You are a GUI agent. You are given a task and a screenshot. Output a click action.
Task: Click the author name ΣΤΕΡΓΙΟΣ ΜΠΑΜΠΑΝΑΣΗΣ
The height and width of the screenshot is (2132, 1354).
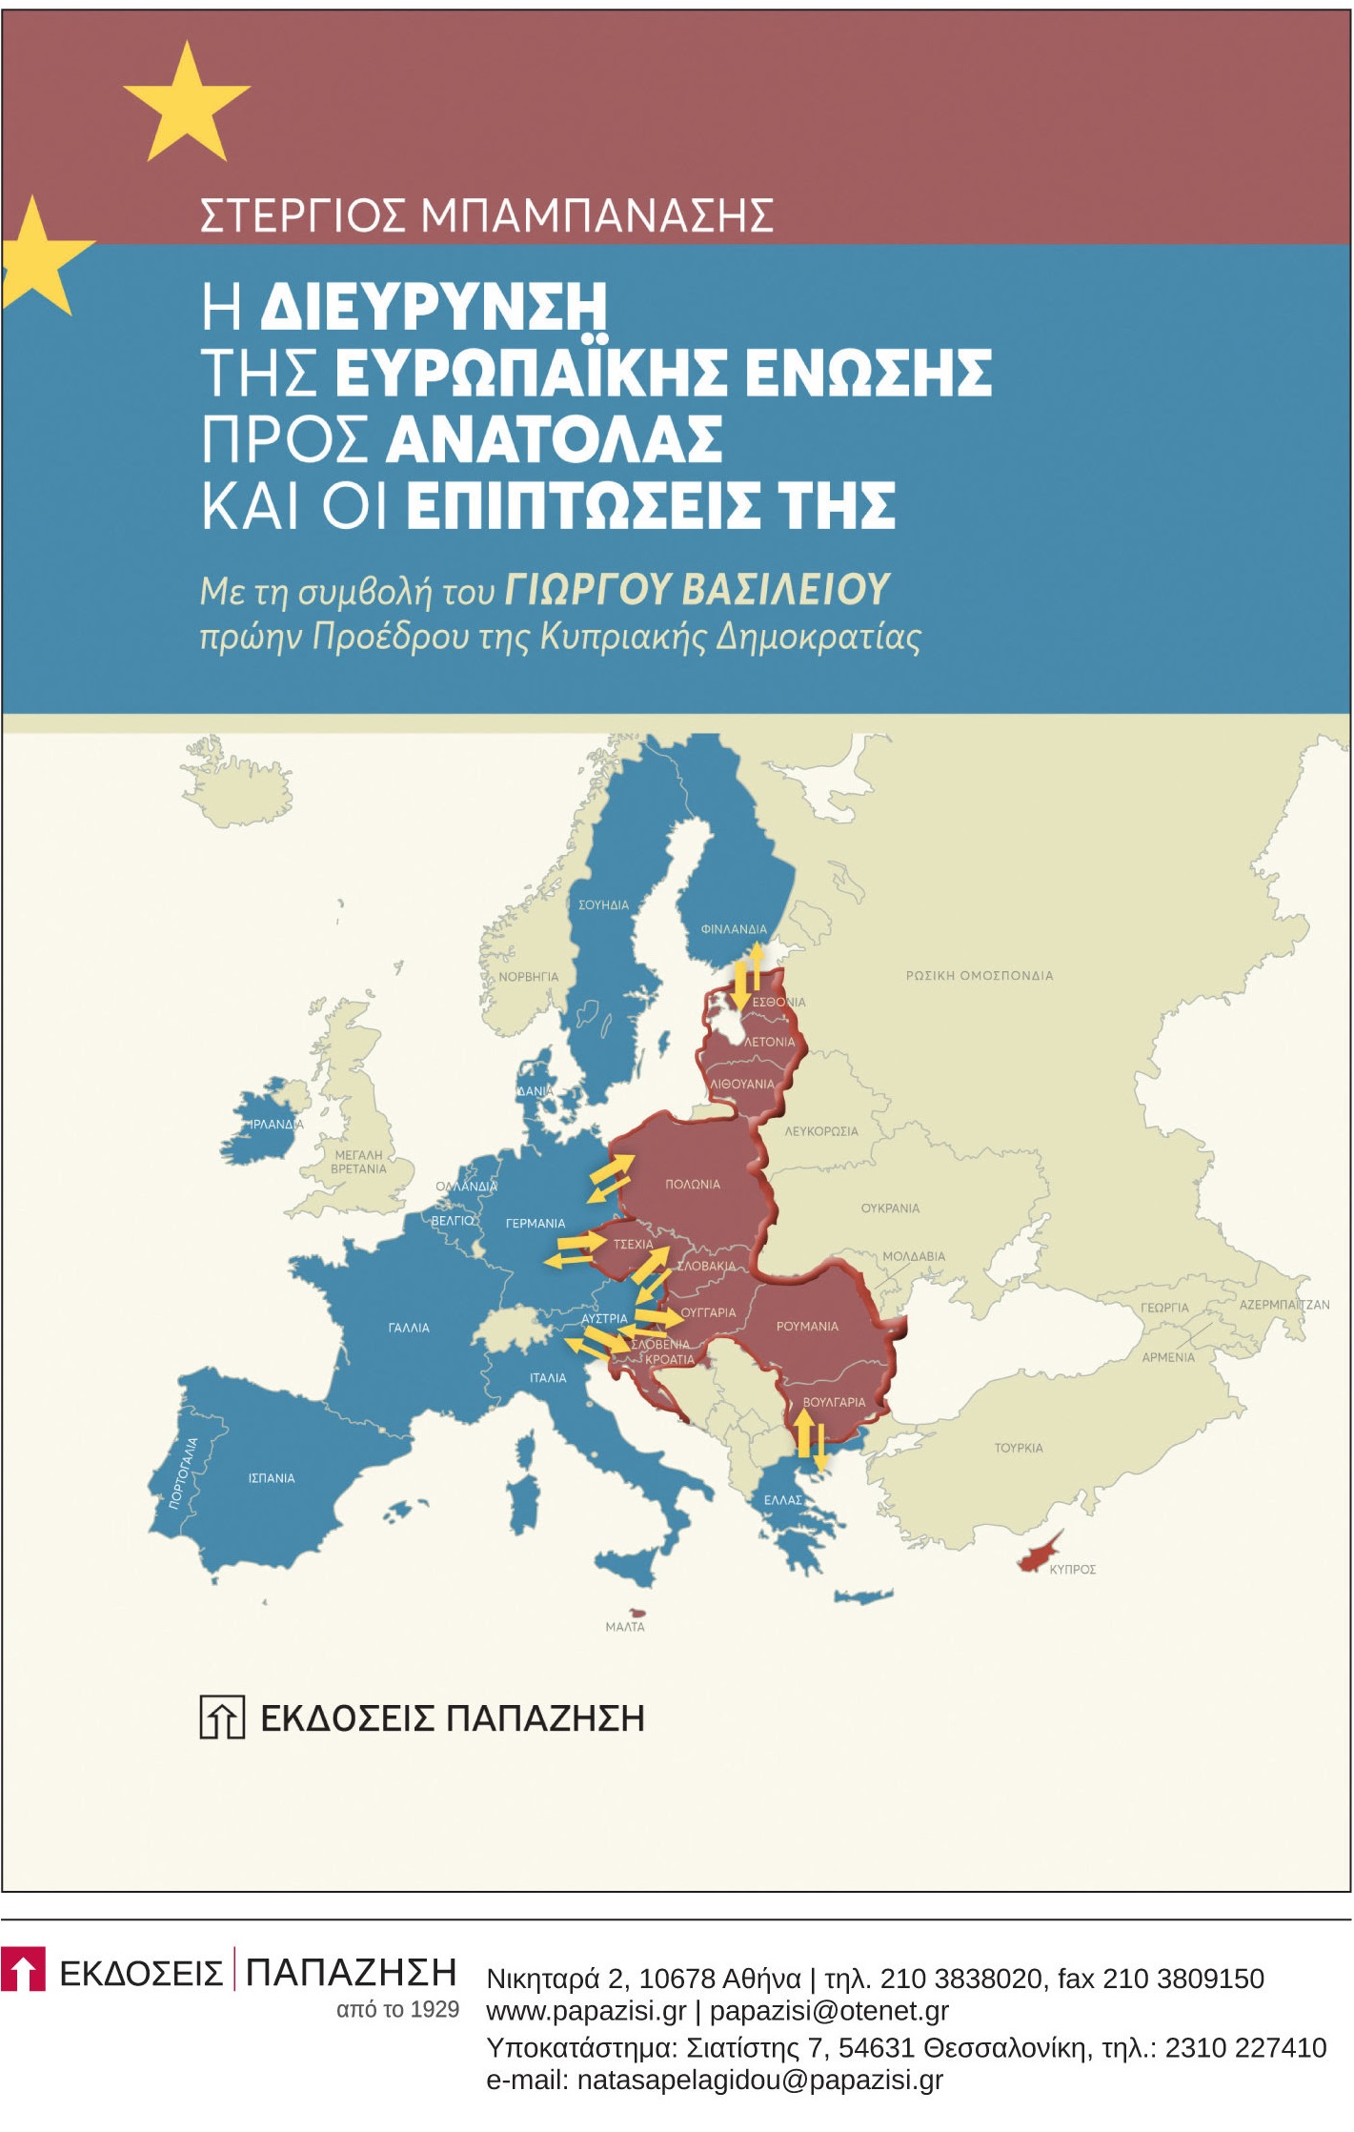486,216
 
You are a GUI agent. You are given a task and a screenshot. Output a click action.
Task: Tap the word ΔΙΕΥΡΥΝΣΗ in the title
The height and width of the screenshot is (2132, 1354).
434,306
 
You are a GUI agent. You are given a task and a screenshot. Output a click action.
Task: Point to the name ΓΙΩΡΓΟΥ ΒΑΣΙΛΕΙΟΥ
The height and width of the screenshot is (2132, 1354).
697,590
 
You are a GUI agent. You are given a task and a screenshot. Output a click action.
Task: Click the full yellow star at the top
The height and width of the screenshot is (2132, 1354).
187,103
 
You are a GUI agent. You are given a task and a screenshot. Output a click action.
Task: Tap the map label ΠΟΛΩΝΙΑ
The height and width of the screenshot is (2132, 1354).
693,1184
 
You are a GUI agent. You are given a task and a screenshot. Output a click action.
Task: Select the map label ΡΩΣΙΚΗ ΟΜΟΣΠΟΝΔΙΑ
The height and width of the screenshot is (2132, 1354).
980,975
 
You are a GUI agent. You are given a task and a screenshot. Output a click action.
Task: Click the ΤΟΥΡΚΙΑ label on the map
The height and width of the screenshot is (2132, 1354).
1019,1448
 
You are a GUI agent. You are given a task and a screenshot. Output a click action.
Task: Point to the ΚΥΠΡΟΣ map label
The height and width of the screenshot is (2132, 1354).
1073,1569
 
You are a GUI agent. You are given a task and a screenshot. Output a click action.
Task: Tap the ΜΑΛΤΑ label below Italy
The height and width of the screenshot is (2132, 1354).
625,1627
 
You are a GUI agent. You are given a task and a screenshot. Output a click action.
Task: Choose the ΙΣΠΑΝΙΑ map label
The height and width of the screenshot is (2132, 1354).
272,1478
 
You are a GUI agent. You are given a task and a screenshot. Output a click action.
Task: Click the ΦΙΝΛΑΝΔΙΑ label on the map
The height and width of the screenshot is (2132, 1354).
734,929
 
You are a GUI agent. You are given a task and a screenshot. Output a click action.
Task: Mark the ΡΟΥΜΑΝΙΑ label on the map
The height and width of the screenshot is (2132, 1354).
807,1326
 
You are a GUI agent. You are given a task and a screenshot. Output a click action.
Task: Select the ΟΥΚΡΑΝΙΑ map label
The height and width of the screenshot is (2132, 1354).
891,1208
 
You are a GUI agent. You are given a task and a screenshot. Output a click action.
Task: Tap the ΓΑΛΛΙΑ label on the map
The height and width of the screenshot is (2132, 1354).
409,1328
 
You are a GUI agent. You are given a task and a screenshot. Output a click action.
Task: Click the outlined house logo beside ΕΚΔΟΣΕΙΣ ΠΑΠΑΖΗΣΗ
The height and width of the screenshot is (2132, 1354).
222,1717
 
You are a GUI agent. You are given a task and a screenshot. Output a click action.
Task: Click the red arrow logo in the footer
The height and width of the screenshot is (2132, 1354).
24,1969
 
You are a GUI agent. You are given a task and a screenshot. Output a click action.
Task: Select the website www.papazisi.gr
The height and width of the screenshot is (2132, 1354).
586,2011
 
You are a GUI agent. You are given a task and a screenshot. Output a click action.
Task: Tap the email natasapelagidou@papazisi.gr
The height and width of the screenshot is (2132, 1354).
714,2080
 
